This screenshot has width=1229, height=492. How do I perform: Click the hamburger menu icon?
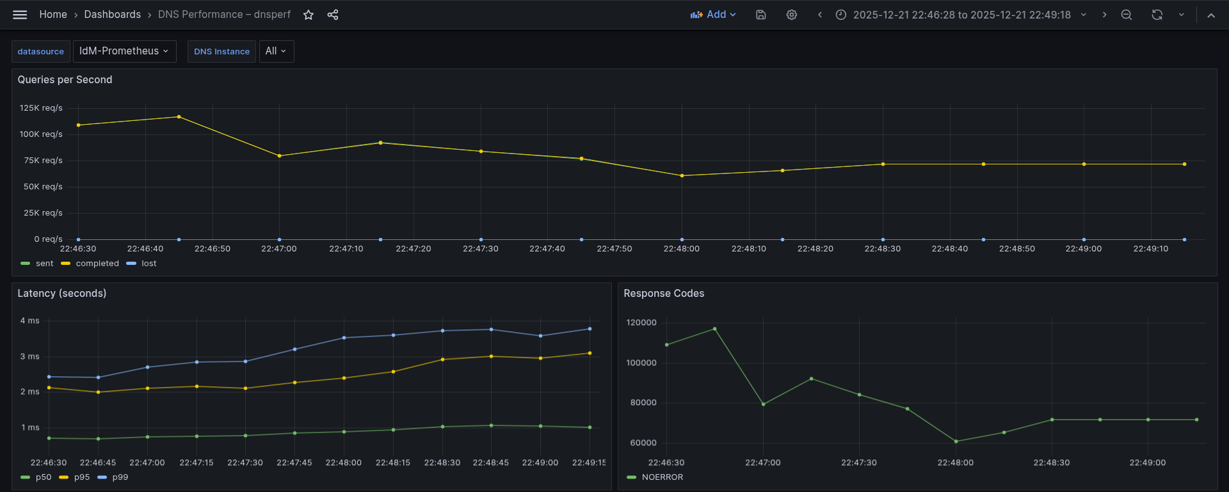(x=20, y=15)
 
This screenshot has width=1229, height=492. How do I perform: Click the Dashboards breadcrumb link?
(x=112, y=15)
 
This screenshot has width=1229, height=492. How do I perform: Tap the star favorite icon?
(x=309, y=15)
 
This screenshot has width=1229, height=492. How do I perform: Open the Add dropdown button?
(x=713, y=15)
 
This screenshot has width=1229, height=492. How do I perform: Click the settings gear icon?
(x=792, y=15)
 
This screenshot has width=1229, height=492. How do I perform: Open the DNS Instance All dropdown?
(x=276, y=51)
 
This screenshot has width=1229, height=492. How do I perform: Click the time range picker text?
(x=961, y=15)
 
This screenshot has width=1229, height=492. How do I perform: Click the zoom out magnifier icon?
(x=1127, y=15)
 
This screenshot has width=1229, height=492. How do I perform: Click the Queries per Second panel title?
(x=65, y=80)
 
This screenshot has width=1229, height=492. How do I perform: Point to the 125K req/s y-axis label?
(x=41, y=108)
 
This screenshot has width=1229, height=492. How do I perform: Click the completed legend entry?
(x=97, y=264)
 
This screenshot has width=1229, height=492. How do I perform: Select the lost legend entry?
(x=149, y=264)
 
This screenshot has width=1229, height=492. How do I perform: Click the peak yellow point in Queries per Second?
(x=179, y=117)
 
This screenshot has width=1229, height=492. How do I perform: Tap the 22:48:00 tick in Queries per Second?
(x=681, y=249)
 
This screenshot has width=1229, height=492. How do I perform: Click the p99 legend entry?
(x=120, y=477)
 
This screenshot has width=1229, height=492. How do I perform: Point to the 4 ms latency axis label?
(x=30, y=321)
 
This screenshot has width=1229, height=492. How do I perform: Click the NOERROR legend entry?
(x=662, y=477)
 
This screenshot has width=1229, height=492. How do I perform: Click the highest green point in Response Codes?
(x=715, y=329)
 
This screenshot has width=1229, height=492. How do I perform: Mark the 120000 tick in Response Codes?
(x=641, y=322)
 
